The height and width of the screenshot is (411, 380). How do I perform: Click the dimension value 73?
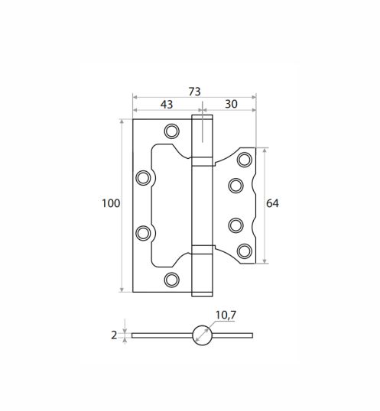(195, 92)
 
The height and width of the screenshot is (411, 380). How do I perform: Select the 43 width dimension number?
(167, 105)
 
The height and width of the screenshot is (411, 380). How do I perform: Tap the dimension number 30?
(231, 104)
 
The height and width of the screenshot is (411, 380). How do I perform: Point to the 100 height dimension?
(111, 203)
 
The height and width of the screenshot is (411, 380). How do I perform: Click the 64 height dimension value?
(272, 203)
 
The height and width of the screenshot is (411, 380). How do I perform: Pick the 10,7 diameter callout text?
(226, 315)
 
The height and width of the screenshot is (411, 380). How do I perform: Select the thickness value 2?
(114, 335)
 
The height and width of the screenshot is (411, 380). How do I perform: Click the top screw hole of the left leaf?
(172, 131)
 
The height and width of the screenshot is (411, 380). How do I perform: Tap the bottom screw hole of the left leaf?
(172, 280)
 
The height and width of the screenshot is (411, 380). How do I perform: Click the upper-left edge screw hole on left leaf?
(143, 178)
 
